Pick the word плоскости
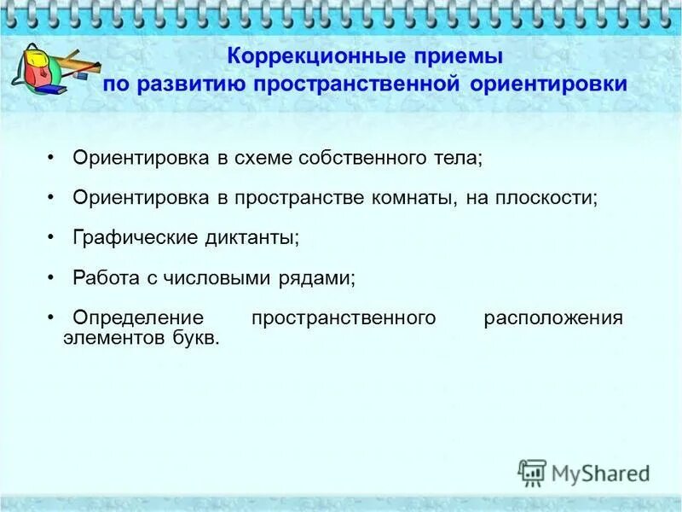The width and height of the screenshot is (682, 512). pyautogui.click(x=547, y=197)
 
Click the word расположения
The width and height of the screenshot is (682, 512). pyautogui.click(x=553, y=318)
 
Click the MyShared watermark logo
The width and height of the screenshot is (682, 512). pyautogui.click(x=584, y=473)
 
